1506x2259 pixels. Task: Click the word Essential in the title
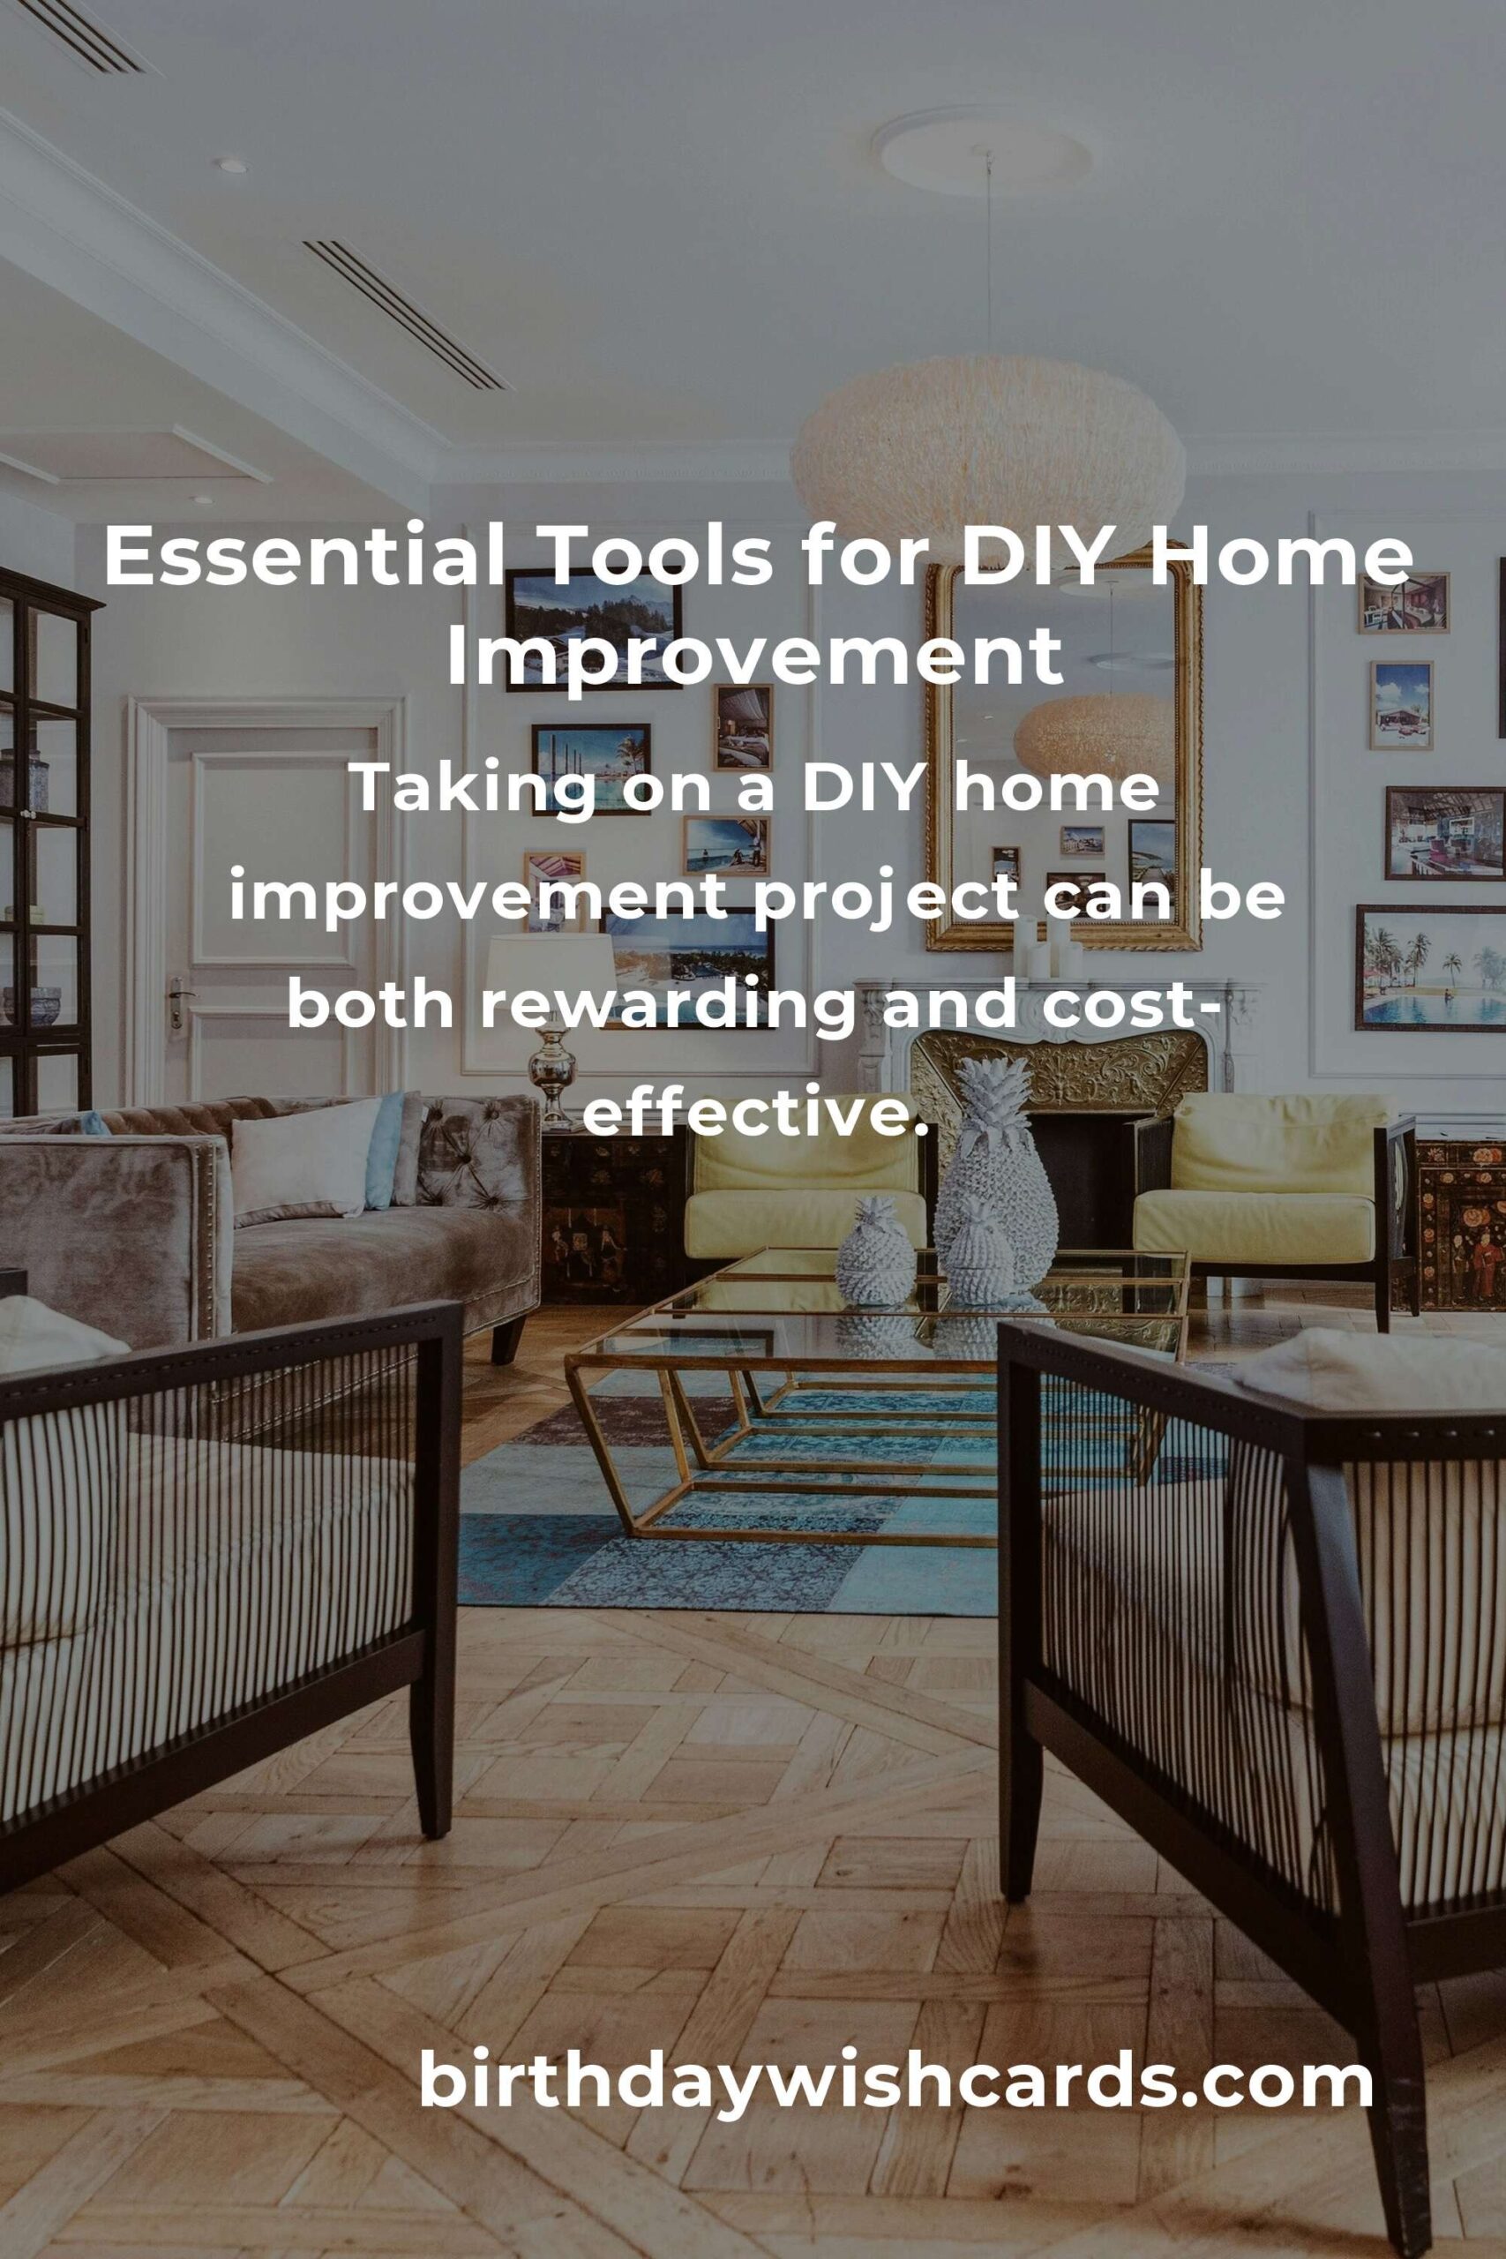303,557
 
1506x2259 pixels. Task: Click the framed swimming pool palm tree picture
1430,967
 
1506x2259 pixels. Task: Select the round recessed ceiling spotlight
230,165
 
